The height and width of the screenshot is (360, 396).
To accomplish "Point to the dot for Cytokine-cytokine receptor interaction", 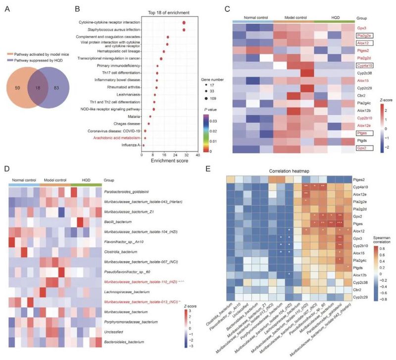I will click(184, 23).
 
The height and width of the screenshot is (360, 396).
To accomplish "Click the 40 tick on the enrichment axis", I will click(198, 154).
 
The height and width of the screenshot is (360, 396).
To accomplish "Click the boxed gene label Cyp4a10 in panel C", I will click(364, 65).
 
